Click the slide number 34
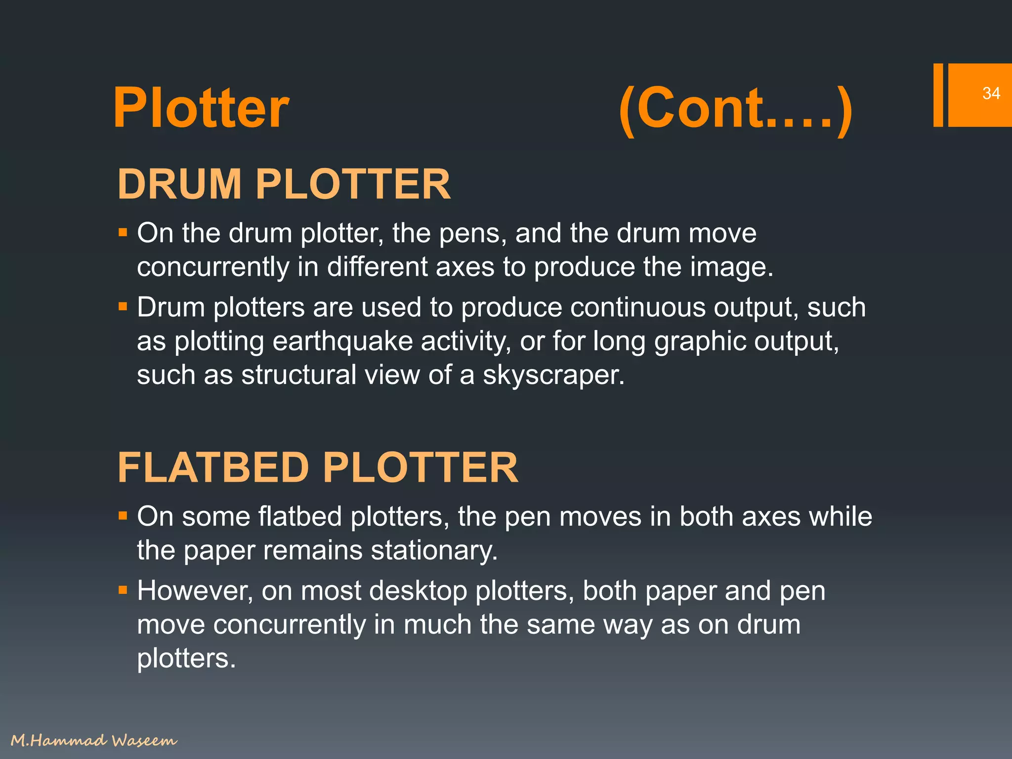coord(991,93)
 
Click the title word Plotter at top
coord(201,108)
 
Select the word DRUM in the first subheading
coord(179,184)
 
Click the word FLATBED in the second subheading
coord(213,467)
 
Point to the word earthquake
coord(342,341)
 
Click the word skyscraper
coord(553,376)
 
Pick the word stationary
coord(434,550)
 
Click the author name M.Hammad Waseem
coord(94,740)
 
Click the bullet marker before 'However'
coord(123,590)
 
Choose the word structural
coord(298,375)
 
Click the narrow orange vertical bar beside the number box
coord(938,95)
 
